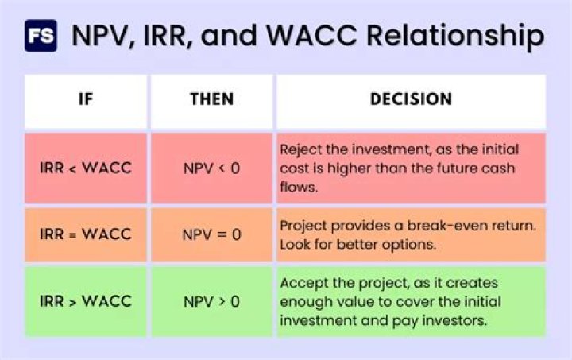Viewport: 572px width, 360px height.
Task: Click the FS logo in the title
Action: tap(41, 36)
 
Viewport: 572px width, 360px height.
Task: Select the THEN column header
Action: tap(211, 100)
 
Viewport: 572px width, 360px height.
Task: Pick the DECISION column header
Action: tap(411, 100)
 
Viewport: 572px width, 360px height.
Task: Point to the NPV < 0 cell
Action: tap(211, 168)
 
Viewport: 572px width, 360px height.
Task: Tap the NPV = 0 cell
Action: tap(211, 235)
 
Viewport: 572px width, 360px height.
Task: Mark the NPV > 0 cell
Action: tap(211, 302)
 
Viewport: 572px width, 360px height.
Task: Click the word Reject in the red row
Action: tap(300, 149)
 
